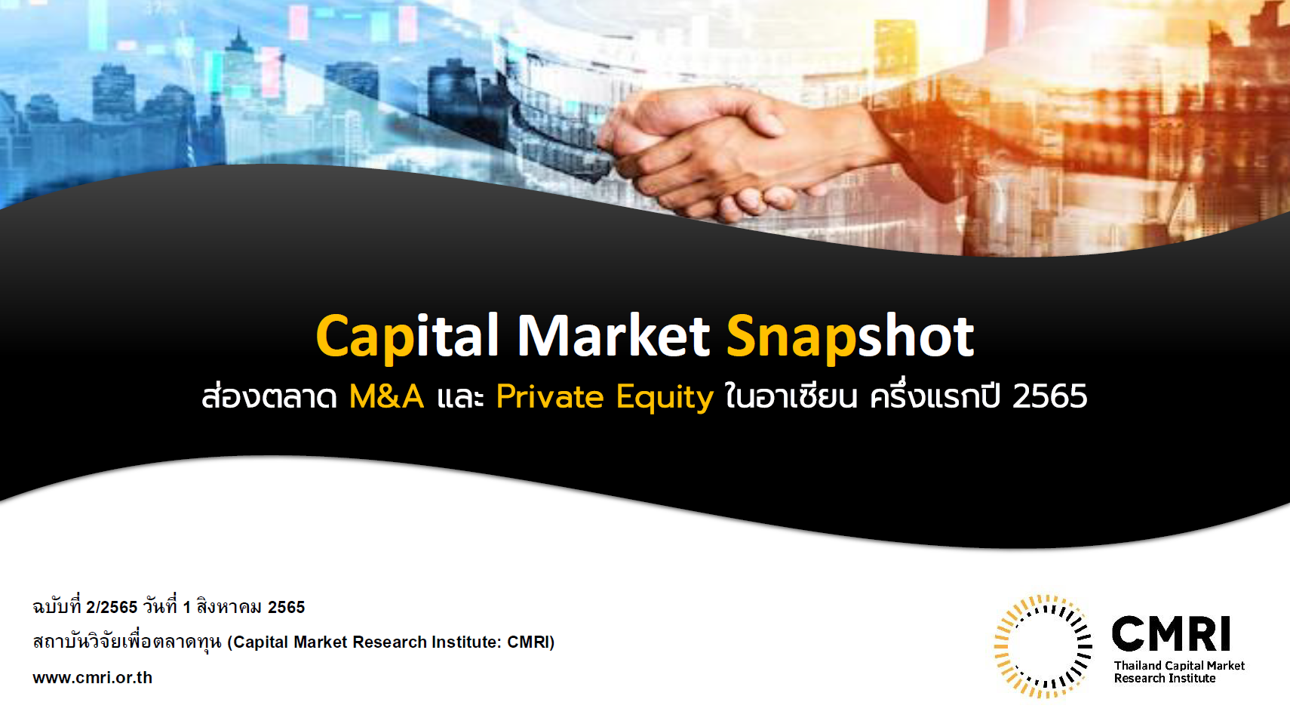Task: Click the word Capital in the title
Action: coord(407,337)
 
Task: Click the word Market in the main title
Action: coord(613,335)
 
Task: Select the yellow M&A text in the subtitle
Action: coord(386,396)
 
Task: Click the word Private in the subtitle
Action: coord(550,396)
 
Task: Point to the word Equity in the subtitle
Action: coord(665,398)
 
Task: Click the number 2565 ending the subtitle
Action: coord(1049,396)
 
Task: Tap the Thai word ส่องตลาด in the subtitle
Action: coord(269,396)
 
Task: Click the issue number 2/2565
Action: coord(112,607)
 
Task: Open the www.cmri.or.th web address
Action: coord(92,677)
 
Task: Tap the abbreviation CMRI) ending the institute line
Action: coord(530,642)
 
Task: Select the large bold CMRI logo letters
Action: coord(1171,633)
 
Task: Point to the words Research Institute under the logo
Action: coord(1165,679)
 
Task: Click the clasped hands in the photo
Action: coord(720,156)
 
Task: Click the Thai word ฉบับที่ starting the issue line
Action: coord(57,606)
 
